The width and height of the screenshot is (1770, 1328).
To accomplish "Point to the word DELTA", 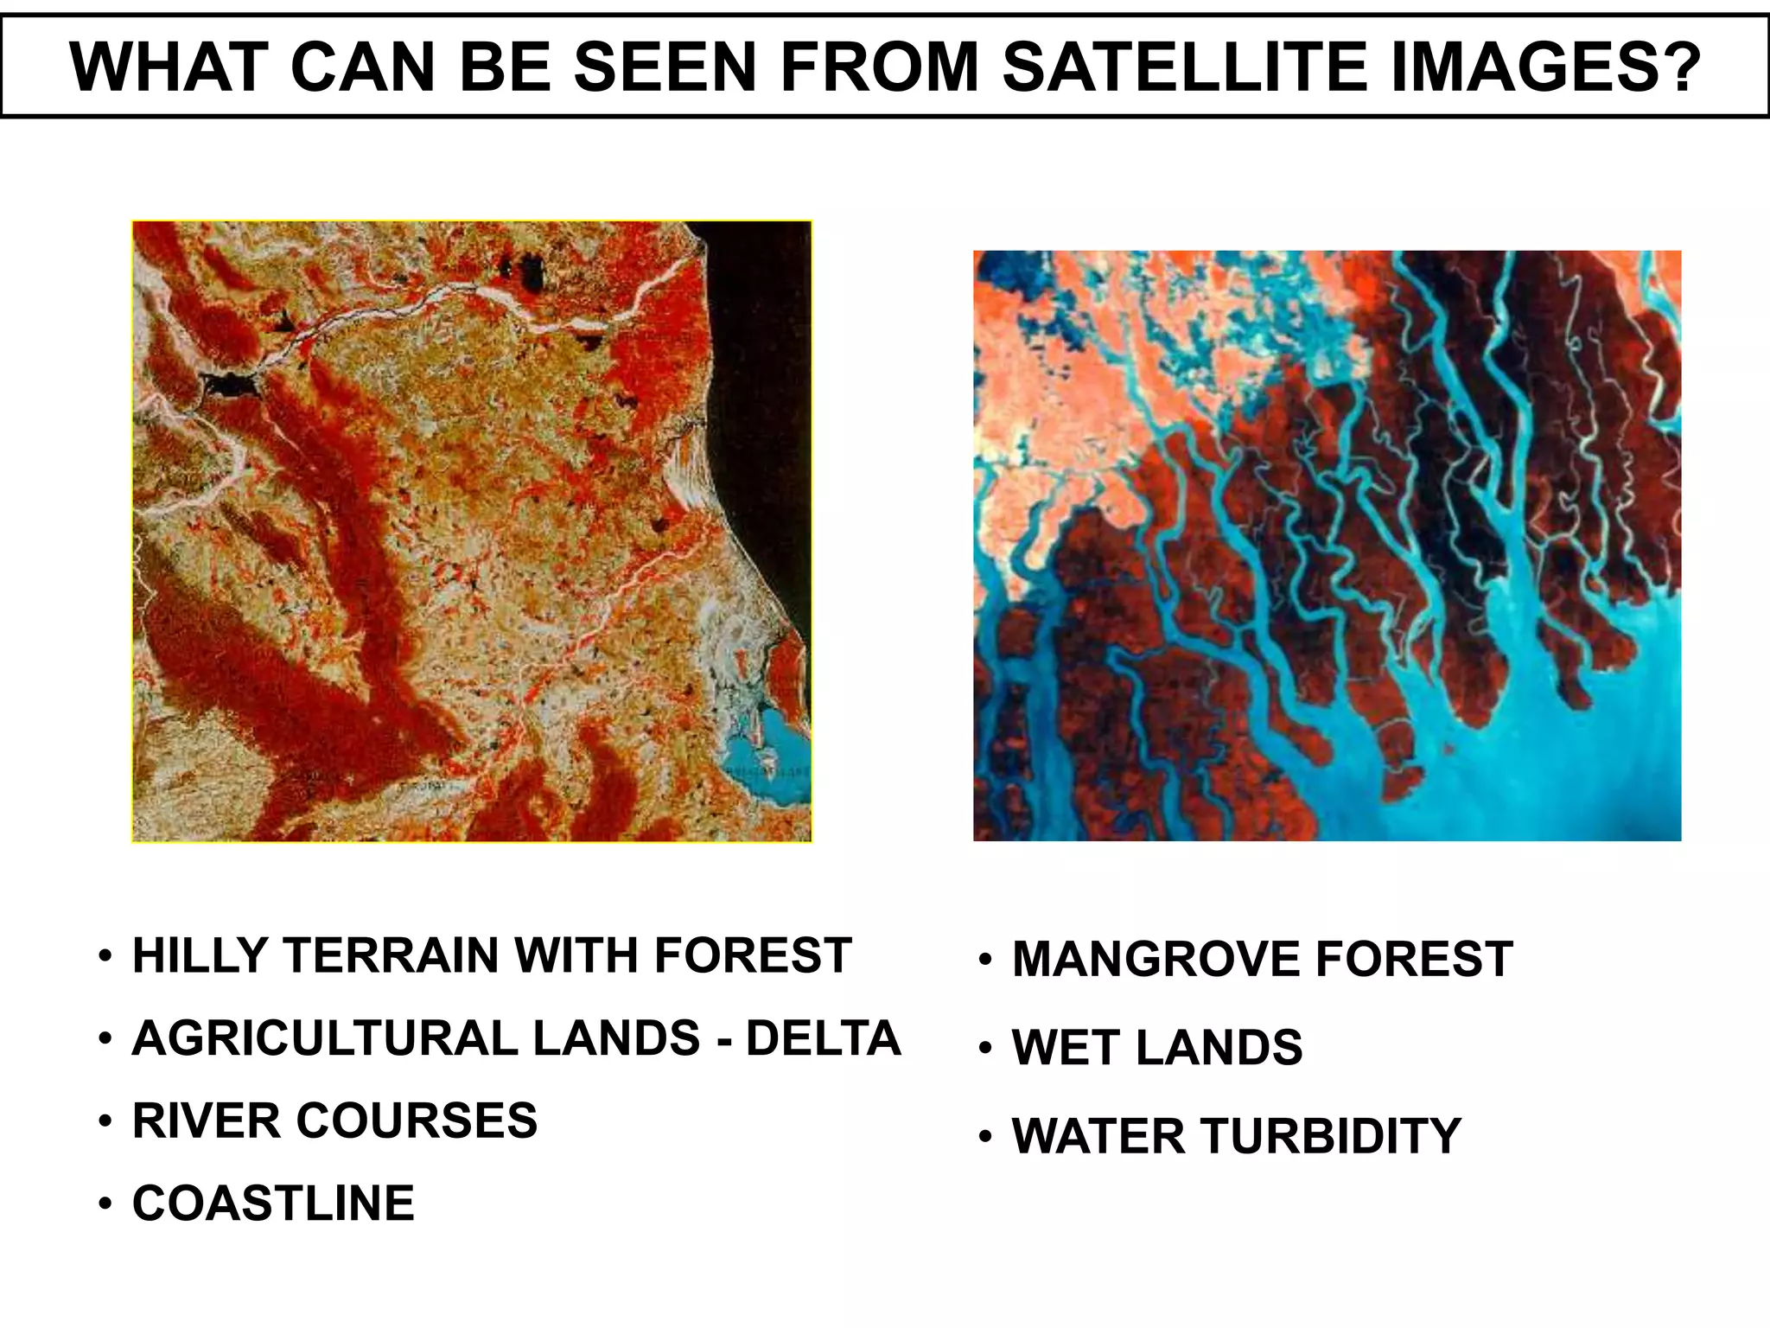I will [x=823, y=1038].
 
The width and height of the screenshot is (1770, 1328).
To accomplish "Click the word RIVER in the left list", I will [x=207, y=1121].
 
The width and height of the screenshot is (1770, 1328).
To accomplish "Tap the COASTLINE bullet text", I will [x=273, y=1203].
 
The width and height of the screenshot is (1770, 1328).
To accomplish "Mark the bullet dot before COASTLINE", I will [x=105, y=1204].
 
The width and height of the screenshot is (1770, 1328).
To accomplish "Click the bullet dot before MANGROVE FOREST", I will [x=985, y=961].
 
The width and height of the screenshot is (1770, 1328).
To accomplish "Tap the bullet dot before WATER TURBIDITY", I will [x=985, y=1137].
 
